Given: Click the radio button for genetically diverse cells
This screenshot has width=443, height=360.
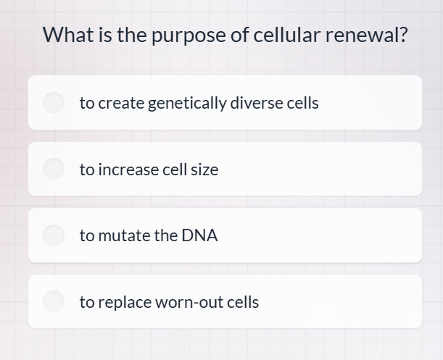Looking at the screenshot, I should pos(54,103).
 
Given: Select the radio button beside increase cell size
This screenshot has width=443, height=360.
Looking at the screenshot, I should pos(54,169).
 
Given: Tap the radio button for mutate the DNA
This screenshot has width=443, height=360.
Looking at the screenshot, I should pos(54,235).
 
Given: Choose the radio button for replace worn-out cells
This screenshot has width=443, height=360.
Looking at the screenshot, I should pos(54,302).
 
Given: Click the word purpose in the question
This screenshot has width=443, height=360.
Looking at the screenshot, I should pos(186,35).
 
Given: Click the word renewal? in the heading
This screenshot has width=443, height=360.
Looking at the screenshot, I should pos(366,34).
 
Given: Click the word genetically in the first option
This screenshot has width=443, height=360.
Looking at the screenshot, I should pos(187,103).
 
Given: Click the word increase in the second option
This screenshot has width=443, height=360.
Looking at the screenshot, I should pos(128,169).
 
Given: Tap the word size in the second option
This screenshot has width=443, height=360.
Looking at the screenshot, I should pos(204,169).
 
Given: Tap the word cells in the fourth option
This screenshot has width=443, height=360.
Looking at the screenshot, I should pos(243,302).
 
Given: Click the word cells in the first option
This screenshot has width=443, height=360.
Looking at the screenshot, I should pos(303,103).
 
